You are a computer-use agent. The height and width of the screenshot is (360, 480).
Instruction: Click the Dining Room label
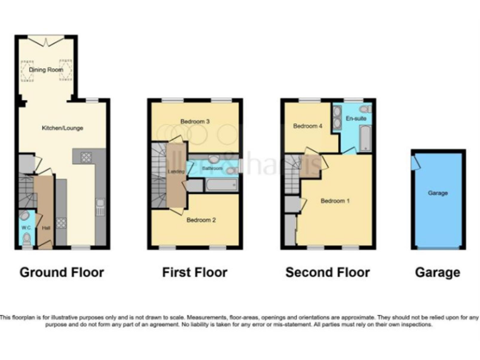pyautogui.click(x=47, y=70)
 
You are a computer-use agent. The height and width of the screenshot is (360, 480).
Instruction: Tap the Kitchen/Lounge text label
pyautogui.click(x=62, y=128)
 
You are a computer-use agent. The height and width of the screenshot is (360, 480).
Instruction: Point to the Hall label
pyautogui.click(x=45, y=228)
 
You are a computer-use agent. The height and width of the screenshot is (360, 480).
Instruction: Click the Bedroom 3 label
pyautogui.click(x=194, y=121)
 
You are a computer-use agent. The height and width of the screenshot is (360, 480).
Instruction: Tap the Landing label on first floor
pyautogui.click(x=176, y=171)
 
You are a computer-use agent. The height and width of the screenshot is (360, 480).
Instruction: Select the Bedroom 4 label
pyautogui.click(x=307, y=126)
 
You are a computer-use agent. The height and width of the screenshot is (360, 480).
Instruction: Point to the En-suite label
pyautogui.click(x=356, y=117)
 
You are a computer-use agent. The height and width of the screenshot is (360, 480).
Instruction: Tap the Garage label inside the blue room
pyautogui.click(x=437, y=193)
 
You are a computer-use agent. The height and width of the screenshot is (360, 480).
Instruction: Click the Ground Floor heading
pyautogui.click(x=62, y=272)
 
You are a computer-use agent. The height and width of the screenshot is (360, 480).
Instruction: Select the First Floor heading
pyautogui.click(x=194, y=272)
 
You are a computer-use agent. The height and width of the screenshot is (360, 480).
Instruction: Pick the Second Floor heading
pyautogui.click(x=327, y=272)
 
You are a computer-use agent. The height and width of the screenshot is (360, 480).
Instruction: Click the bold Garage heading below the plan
pyautogui.click(x=437, y=272)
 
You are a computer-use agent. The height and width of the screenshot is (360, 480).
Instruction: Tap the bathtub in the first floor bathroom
pyautogui.click(x=219, y=185)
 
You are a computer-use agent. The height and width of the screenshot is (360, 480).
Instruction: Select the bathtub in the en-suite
pyautogui.click(x=366, y=138)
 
